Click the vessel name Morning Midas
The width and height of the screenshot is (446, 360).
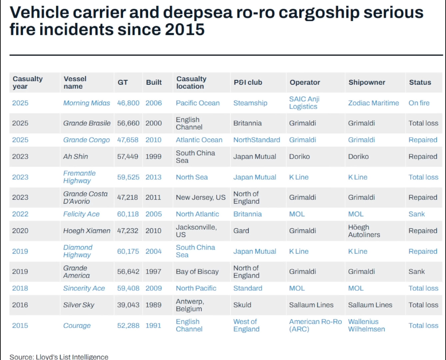point(86,103)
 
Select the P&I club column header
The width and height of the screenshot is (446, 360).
point(248,82)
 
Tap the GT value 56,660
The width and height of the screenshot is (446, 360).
point(128,123)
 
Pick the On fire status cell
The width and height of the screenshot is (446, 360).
point(419,103)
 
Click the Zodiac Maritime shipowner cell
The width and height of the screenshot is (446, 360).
point(373,103)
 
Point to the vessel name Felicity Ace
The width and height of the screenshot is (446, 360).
point(81,214)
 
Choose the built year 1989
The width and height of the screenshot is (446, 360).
point(153,305)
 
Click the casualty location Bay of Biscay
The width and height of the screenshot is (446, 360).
point(197,272)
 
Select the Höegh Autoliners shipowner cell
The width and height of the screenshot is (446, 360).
point(364,231)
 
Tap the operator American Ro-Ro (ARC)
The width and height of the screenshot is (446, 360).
point(315,325)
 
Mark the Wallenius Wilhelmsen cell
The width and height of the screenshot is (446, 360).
point(366,325)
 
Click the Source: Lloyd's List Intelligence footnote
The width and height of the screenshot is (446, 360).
point(59,357)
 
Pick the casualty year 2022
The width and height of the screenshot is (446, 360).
point(20,214)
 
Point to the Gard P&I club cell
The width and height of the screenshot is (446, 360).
point(241,231)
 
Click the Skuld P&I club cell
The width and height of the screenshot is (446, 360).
point(242,305)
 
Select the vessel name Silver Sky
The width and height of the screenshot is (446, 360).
point(79,305)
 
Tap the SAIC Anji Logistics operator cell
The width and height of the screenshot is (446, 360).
point(304,103)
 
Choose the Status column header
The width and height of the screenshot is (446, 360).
point(420,82)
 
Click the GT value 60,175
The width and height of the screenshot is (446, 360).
point(128,251)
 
